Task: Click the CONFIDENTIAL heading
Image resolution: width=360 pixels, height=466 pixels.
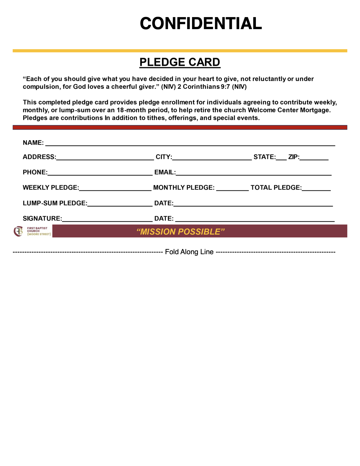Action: coord(201,24)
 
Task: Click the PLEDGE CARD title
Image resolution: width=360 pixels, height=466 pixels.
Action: coord(180,62)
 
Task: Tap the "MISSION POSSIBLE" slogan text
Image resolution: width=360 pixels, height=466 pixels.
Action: coord(180,232)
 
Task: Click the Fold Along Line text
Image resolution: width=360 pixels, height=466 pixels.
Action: coord(189,252)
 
